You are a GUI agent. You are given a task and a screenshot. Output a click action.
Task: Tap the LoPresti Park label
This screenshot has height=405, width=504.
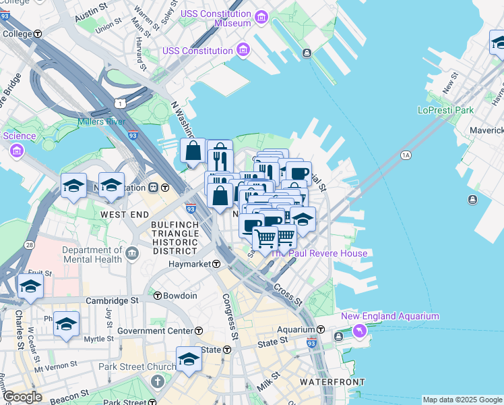[x=445, y=110]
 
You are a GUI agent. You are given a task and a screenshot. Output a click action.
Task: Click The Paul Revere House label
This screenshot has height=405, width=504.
[x=319, y=253]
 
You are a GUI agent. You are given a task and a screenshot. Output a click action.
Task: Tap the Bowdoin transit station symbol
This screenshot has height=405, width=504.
[x=158, y=296]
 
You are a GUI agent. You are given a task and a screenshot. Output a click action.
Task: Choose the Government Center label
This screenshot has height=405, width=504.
[x=155, y=331]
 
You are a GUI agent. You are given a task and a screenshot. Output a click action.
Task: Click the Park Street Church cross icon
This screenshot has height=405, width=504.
[x=158, y=381]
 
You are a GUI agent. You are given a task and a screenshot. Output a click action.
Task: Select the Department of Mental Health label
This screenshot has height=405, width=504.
[x=91, y=254]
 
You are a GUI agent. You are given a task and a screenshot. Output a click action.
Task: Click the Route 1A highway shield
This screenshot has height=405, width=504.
[x=405, y=155]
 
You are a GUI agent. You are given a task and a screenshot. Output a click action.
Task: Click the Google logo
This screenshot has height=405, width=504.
[x=22, y=397]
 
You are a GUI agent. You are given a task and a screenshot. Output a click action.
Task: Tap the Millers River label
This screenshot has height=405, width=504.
[x=102, y=122]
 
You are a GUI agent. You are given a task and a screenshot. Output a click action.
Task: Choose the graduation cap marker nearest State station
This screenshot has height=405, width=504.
[x=189, y=359]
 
